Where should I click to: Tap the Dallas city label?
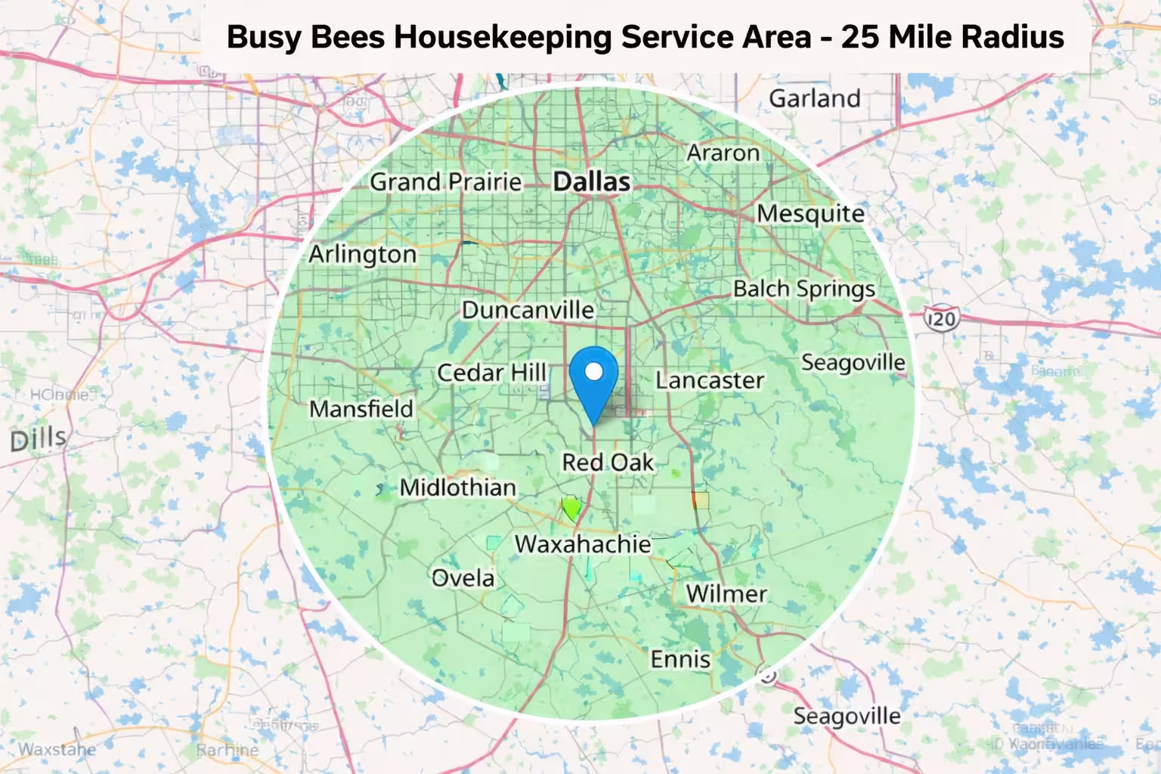tap(592, 181)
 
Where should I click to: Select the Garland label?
tap(814, 98)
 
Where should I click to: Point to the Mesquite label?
tap(810, 214)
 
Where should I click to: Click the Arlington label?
tap(362, 255)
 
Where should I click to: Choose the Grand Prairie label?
tap(446, 182)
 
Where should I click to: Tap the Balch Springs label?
tap(803, 289)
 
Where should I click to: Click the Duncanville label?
tap(528, 310)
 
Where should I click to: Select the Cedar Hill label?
tap(491, 373)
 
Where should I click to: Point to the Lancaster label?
tap(709, 380)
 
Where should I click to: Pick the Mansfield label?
tap(361, 409)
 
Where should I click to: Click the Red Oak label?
tap(608, 463)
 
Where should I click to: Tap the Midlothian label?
tap(457, 488)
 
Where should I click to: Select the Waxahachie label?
tap(583, 544)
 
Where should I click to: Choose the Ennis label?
tap(680, 659)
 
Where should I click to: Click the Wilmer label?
tap(726, 594)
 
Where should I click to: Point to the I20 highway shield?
tap(941, 318)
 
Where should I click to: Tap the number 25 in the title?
tap(860, 36)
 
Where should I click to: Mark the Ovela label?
tap(463, 578)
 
